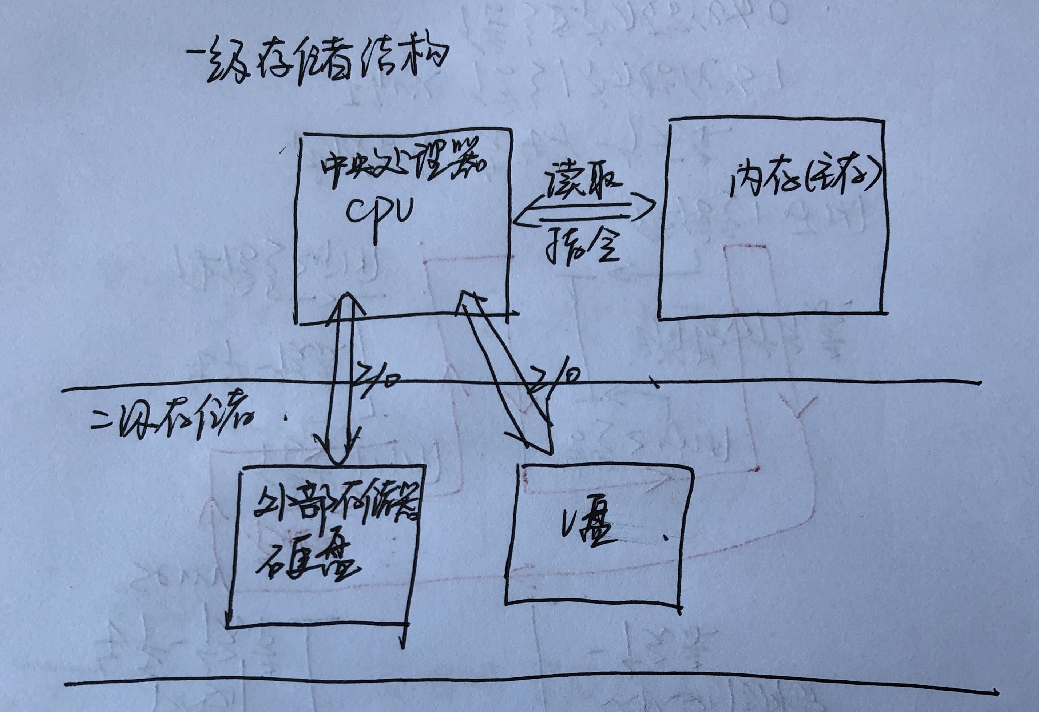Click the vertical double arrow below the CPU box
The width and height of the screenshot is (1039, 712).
(343, 380)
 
